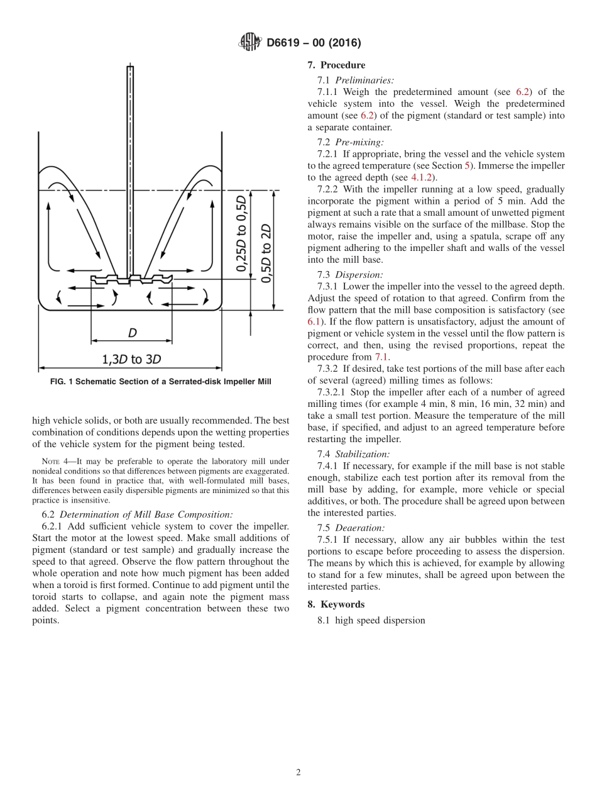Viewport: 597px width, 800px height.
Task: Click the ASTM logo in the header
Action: [249, 43]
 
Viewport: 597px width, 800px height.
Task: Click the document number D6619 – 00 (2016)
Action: [313, 43]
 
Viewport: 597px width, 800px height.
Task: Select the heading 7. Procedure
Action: [336, 65]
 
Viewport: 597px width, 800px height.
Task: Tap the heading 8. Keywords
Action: [336, 604]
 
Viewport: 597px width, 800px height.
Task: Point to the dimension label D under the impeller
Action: [132, 332]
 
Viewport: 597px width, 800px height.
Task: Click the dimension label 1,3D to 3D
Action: [131, 359]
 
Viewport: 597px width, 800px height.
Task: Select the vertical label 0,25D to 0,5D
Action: [242, 233]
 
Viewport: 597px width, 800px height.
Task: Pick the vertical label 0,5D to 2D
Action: [266, 253]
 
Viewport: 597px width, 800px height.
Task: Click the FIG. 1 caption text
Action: [160, 382]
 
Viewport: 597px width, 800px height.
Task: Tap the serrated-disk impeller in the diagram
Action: [131, 279]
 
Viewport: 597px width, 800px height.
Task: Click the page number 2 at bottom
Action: [298, 772]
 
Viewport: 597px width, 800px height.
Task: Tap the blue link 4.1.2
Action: [422, 177]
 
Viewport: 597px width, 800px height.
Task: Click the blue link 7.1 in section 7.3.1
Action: [382, 357]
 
